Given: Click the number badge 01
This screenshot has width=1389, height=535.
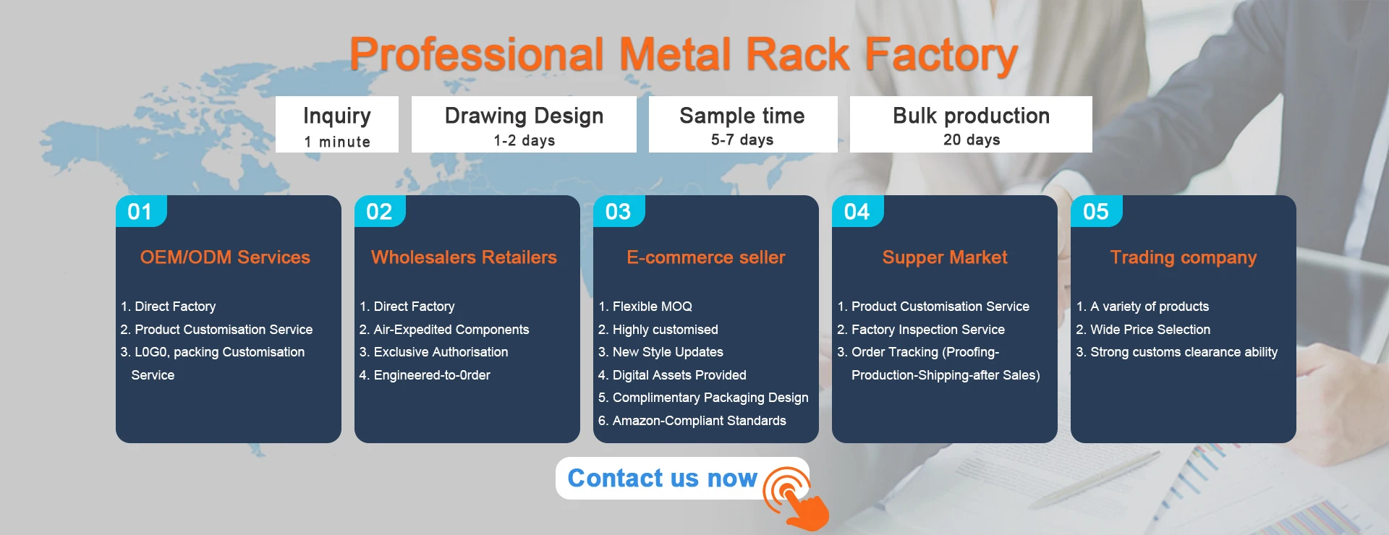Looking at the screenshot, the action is point(141,211).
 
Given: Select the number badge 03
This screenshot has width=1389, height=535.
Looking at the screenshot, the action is point(619,211).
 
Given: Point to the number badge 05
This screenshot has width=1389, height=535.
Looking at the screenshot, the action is point(1096,211).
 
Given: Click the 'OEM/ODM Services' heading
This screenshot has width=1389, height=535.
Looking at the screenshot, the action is point(225,257).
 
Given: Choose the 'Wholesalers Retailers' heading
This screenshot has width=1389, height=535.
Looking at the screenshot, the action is point(464,257).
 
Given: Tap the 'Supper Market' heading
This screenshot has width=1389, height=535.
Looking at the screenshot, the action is point(945,257).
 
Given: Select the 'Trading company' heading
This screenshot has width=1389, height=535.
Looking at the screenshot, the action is point(1184,257).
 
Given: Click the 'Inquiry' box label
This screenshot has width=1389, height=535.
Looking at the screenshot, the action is point(337,116).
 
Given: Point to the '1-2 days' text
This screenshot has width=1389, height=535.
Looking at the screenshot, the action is point(524,140).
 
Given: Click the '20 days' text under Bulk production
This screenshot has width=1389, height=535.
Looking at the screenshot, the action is point(972,140).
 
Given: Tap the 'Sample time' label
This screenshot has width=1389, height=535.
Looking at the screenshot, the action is point(742,116).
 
